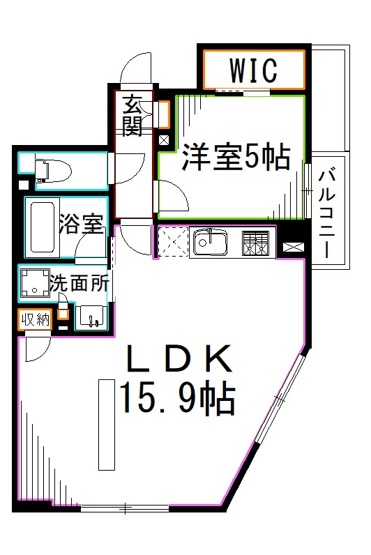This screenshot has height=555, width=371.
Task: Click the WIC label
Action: (x=253, y=70)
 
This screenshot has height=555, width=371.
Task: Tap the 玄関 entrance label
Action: (x=133, y=116)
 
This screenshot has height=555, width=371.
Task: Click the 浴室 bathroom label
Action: (x=81, y=224)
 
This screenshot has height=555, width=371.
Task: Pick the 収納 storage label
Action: (x=35, y=320)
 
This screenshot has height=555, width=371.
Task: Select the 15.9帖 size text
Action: (x=177, y=399)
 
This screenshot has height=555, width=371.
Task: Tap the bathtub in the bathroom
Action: (x=42, y=228)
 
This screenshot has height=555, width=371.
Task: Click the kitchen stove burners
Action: (x=255, y=242)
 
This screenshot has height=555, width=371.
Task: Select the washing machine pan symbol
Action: (x=33, y=283)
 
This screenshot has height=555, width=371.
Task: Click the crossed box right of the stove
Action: (x=291, y=246)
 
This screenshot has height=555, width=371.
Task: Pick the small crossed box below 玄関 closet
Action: (x=163, y=139)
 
